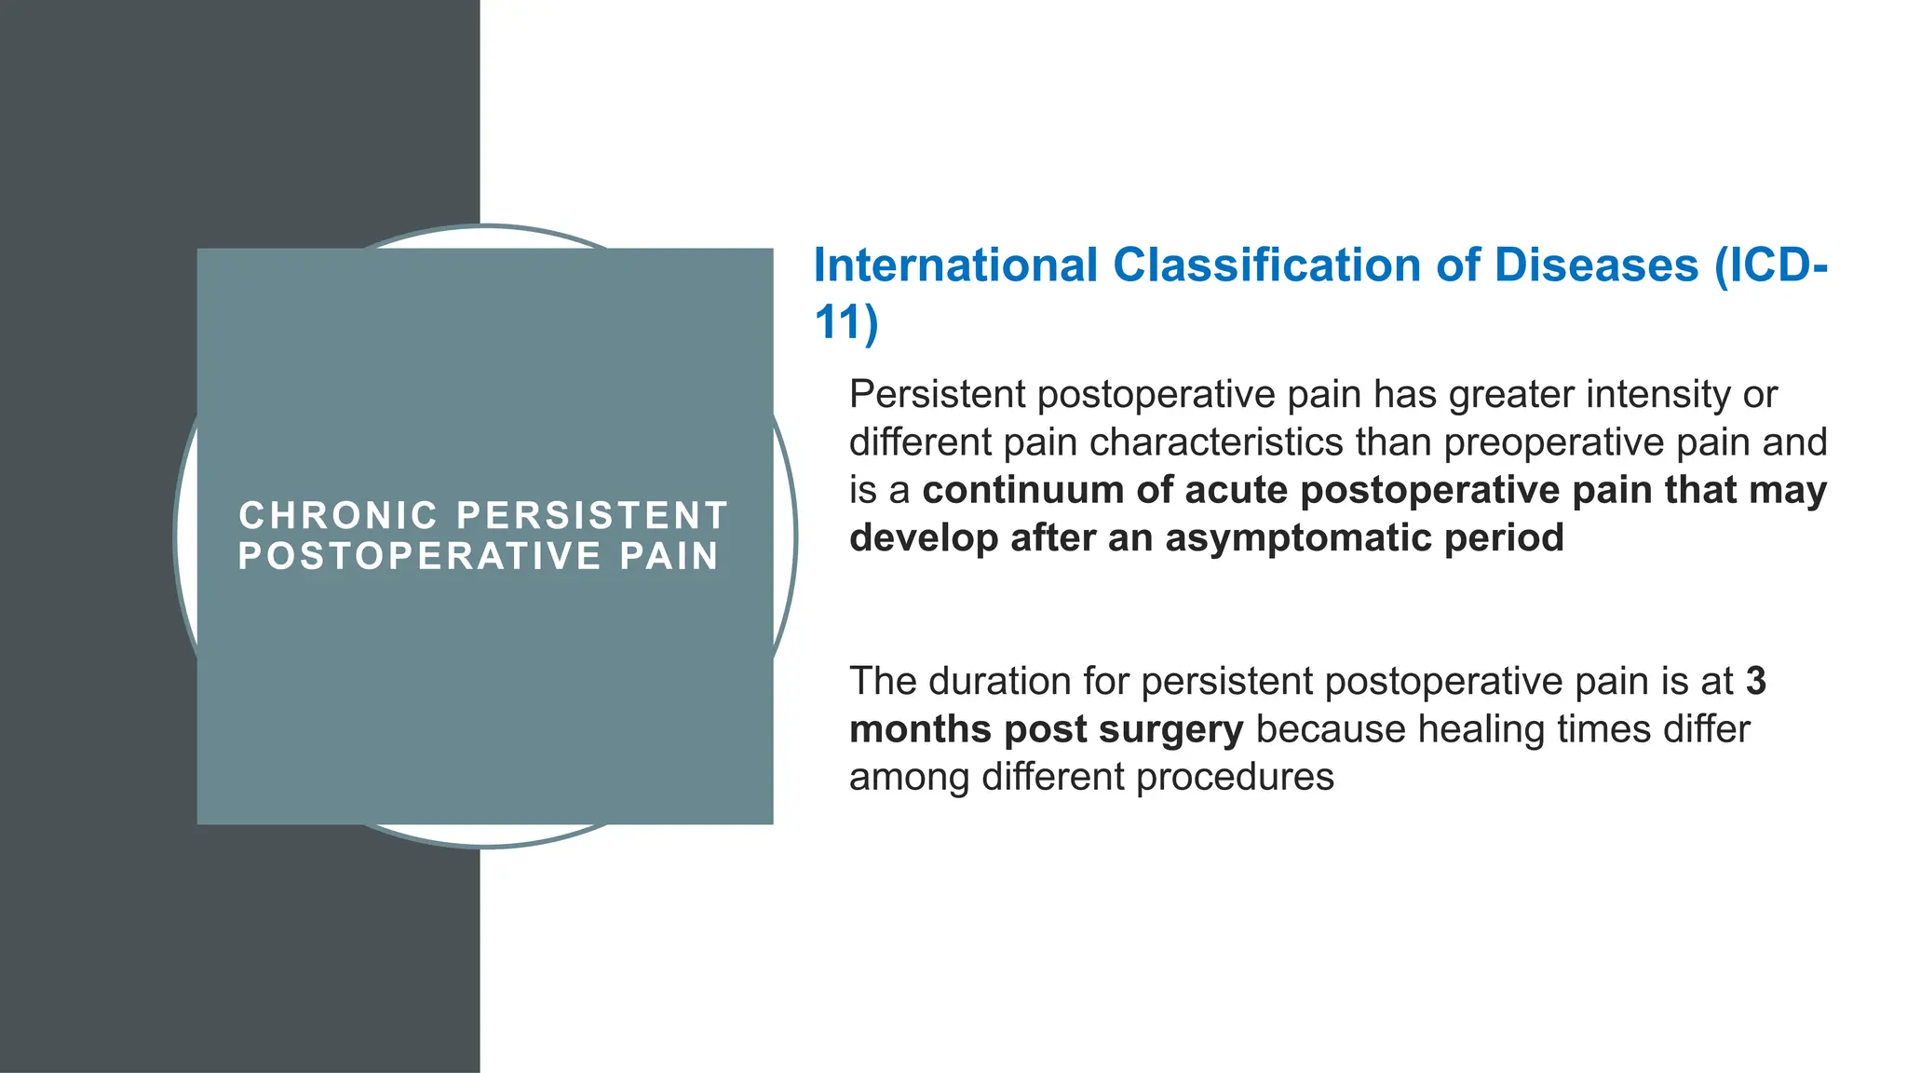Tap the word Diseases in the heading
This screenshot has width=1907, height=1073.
1596,265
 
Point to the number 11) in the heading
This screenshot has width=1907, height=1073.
845,323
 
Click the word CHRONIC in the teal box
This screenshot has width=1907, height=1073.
338,515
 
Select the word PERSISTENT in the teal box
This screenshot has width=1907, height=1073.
592,515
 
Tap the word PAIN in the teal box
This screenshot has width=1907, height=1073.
669,556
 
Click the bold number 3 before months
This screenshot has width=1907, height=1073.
1755,682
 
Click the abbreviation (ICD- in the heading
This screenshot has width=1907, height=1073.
1770,265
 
